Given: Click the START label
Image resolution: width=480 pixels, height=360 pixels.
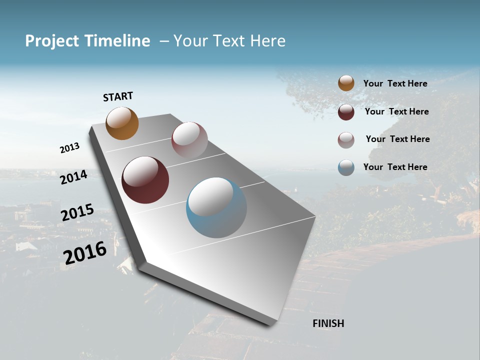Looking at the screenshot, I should click(118, 96).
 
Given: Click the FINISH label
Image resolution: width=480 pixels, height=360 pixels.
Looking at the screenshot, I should click(328, 323).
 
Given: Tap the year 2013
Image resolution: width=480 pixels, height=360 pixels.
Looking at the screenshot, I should click(69, 148).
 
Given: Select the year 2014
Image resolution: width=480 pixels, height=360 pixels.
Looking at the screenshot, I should click(73, 177).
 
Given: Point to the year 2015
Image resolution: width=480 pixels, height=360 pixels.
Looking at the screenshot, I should click(77, 212).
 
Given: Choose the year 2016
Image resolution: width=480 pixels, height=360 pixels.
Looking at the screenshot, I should click(85, 252).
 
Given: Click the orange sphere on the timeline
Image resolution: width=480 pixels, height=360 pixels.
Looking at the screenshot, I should click(122, 123).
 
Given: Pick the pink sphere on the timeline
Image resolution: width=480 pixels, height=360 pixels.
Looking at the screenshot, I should click(189, 140).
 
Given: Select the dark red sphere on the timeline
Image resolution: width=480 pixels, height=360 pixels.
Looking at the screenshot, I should click(145, 180).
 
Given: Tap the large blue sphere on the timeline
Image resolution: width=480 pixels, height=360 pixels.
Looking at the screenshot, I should click(216, 207).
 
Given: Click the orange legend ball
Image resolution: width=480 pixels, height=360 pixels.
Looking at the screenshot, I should click(346, 83).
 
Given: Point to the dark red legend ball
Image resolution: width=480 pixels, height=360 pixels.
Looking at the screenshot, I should click(346, 112).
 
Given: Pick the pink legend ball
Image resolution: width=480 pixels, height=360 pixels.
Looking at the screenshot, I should click(346, 140).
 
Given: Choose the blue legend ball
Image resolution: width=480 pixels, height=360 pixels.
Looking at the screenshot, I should click(346, 167).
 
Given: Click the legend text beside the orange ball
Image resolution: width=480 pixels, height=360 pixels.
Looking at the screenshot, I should click(395, 83).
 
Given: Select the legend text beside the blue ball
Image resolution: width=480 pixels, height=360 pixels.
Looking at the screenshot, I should click(395, 167).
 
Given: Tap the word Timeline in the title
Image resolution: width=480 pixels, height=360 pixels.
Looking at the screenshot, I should click(117, 41).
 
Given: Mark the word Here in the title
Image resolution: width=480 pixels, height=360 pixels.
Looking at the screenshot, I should click(268, 41).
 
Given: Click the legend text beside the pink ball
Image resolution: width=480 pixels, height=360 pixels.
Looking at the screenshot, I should click(397, 139).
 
